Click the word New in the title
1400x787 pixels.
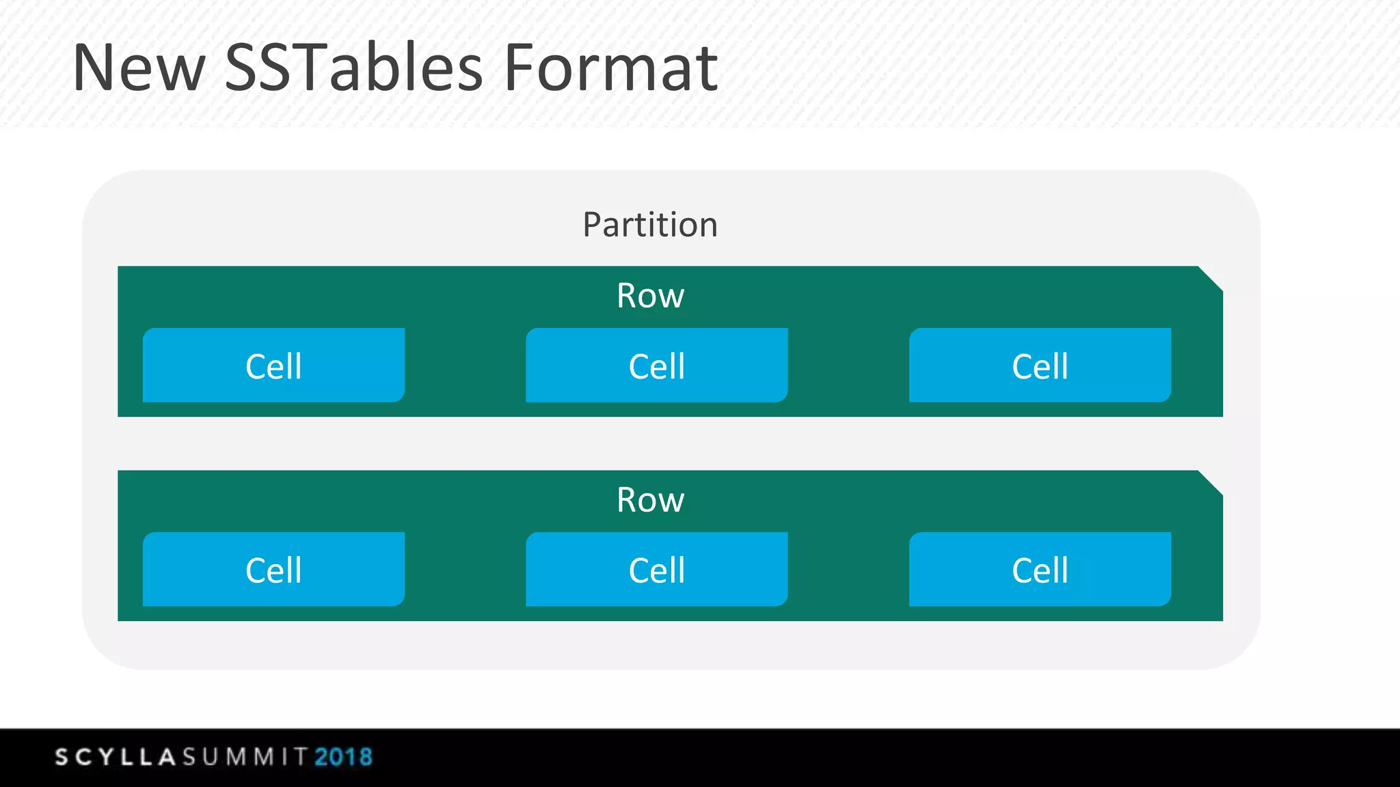[139, 68]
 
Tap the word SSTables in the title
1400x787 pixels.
[353, 68]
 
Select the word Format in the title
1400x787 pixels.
[610, 68]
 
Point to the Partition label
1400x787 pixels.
[650, 225]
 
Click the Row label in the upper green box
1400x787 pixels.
[650, 296]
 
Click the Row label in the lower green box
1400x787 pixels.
[650, 500]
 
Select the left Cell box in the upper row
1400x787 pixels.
[273, 365]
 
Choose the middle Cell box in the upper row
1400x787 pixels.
[656, 365]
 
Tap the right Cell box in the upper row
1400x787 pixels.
[1040, 365]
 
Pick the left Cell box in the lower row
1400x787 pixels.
[273, 570]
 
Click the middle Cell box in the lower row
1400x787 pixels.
[656, 570]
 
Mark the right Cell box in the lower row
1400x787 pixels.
[1040, 570]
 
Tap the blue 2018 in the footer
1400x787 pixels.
[344, 757]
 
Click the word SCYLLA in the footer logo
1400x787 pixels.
[116, 757]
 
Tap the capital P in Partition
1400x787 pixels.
[592, 225]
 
